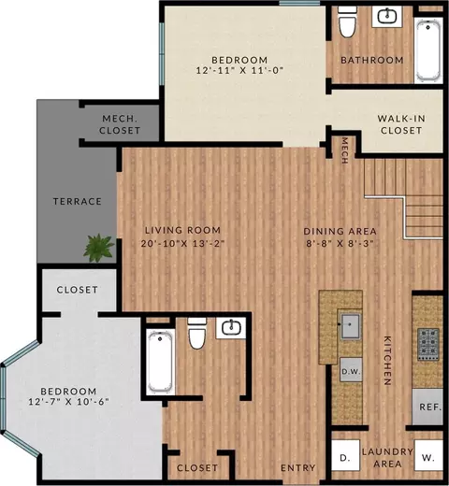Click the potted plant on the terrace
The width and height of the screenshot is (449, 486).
pos(98,249)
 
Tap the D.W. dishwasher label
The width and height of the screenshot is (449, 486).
pos(351,371)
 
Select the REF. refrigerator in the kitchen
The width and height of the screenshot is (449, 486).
pos(427,407)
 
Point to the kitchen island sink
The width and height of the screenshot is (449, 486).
pos(351,326)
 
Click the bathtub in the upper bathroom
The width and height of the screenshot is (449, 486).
pos(428,50)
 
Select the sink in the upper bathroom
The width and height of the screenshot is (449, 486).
pos(387,16)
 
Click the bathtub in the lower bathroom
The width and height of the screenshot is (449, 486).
pos(160,363)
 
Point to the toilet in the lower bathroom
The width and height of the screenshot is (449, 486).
pos(197,334)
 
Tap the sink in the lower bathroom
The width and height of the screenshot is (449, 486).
pos(231,328)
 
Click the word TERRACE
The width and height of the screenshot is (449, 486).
pos(78,202)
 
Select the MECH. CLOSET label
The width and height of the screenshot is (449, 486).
pos(120,124)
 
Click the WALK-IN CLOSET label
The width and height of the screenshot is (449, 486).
pos(401,124)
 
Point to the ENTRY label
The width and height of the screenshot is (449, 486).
pos(298,467)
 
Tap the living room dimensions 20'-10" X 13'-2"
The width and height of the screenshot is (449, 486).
pos(182,243)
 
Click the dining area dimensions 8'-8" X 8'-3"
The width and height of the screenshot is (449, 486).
pos(340,243)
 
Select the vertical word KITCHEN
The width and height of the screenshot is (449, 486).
pos(387,361)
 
